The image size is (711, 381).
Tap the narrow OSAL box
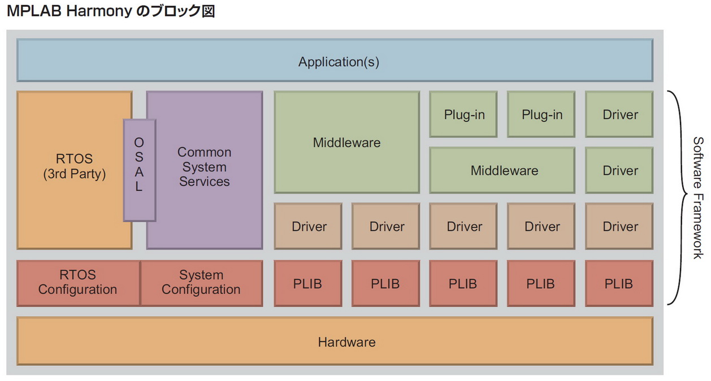139,169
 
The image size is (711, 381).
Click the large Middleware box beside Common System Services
346,143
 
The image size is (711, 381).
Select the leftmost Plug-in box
463,115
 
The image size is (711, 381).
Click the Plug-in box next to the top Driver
541,115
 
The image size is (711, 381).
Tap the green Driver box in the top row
619,115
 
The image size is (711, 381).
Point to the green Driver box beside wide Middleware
619,170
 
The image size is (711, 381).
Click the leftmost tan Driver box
308,226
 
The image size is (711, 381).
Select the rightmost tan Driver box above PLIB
619,226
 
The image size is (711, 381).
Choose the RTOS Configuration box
78,283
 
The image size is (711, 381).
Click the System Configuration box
201,283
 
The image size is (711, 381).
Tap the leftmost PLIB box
308,283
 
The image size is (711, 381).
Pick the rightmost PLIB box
619,283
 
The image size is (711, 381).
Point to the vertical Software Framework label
699,198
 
